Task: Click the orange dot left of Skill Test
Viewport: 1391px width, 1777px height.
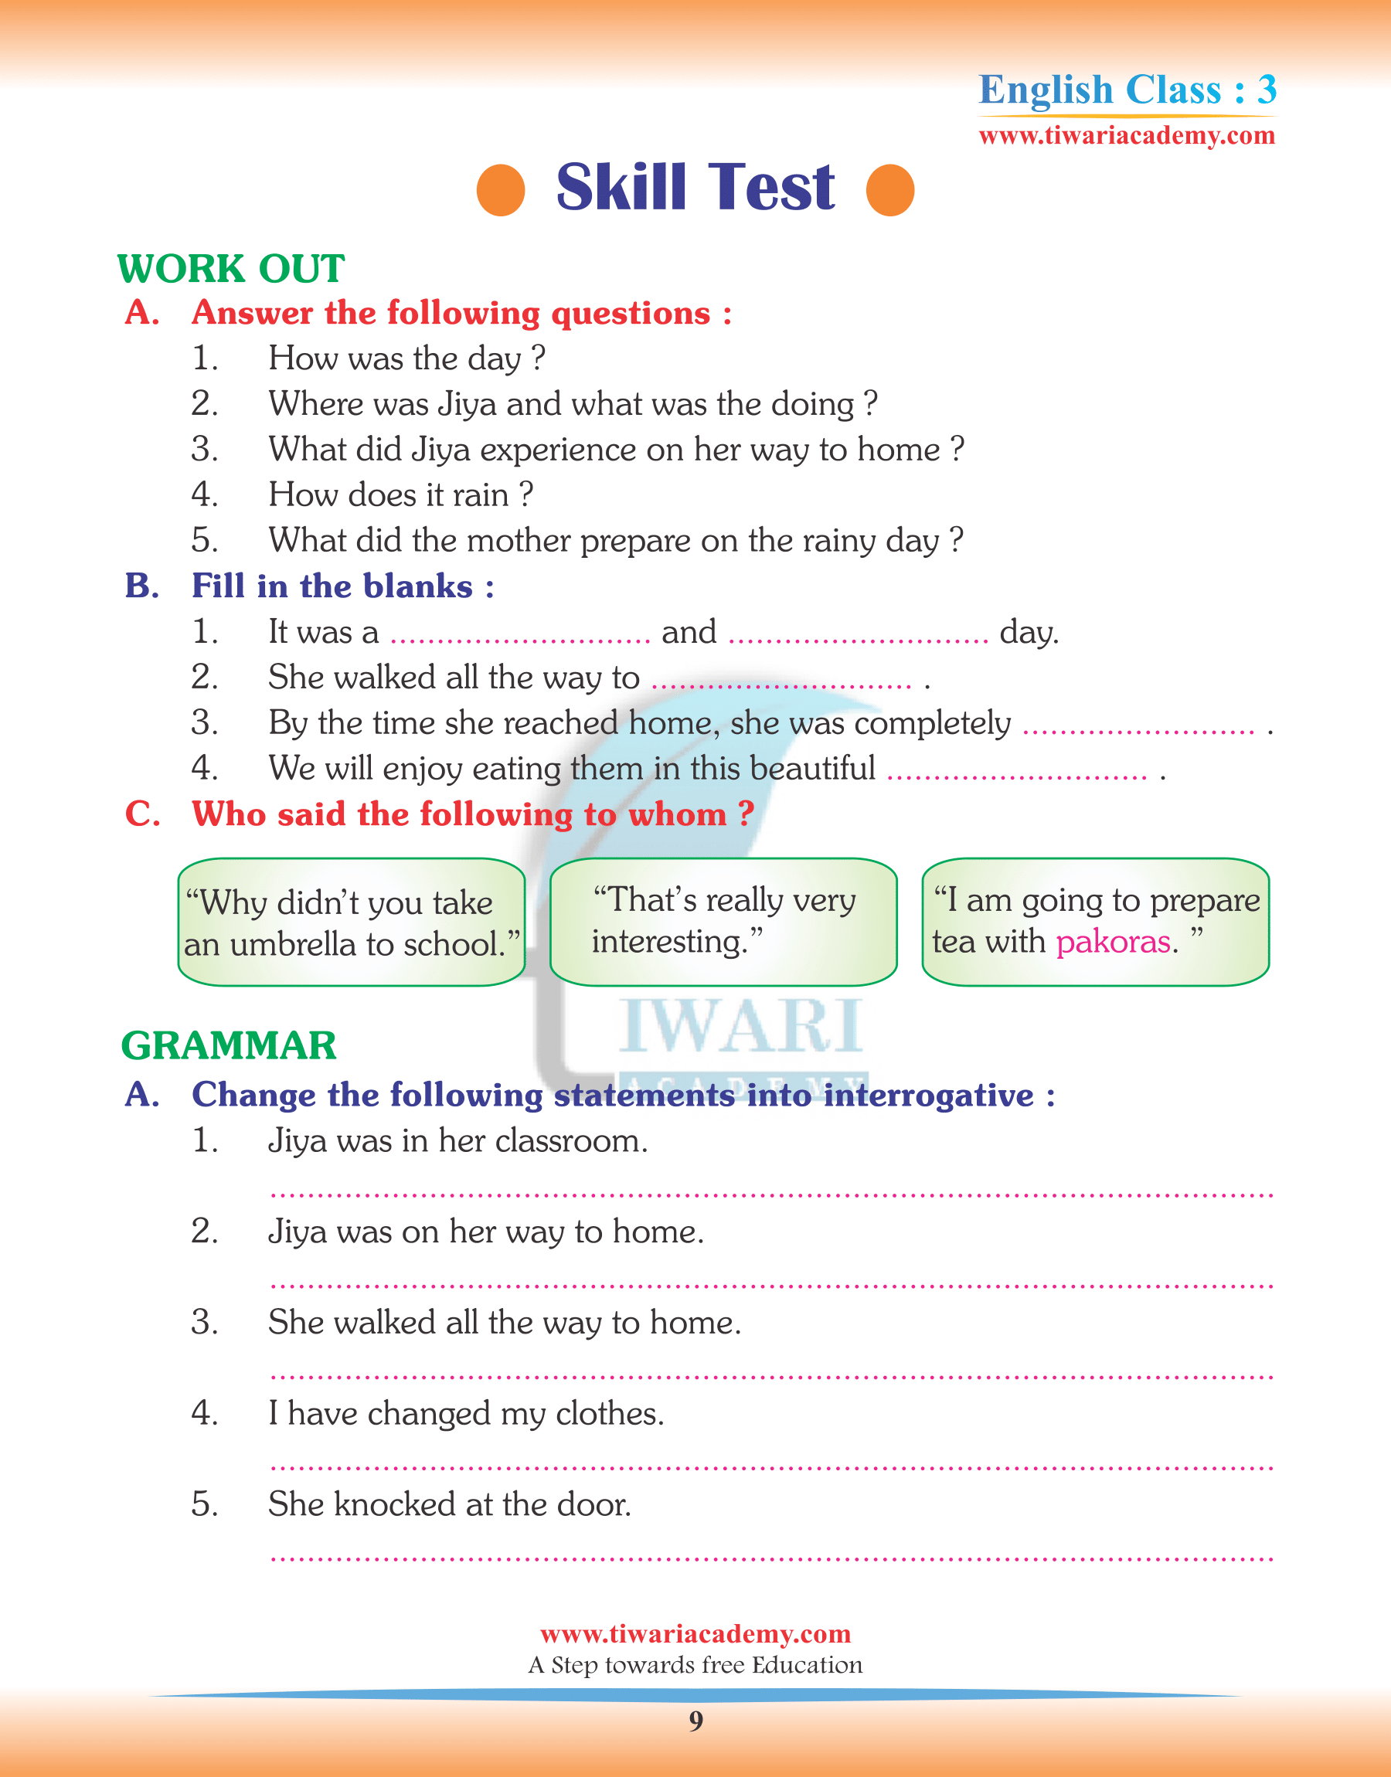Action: (500, 189)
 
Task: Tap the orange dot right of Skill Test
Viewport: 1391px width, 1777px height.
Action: (890, 189)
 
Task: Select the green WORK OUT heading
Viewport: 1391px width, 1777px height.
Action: (231, 269)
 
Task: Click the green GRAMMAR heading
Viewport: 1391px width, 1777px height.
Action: (229, 1045)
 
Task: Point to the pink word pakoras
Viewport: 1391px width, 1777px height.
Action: (1113, 942)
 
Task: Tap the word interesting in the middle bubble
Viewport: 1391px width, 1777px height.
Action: (668, 942)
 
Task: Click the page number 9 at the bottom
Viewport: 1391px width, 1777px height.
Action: (695, 1720)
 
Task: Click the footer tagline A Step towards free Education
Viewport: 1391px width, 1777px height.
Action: (695, 1665)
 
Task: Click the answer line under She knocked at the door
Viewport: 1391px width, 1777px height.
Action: (771, 1558)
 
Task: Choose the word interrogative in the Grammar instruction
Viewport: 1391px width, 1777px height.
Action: (928, 1096)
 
